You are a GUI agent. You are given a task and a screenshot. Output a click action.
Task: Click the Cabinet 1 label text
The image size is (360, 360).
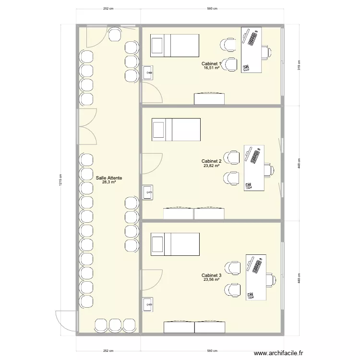(212, 63)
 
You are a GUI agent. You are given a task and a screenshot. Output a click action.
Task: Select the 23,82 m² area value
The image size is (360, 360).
(211, 166)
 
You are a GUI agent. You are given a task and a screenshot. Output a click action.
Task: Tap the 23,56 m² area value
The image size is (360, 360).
(211, 280)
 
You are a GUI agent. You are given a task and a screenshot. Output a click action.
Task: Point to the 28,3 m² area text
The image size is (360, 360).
(108, 182)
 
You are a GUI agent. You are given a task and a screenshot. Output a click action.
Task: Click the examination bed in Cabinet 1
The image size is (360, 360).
(175, 46)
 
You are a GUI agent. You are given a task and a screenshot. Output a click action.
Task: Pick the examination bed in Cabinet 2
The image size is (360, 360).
(176, 130)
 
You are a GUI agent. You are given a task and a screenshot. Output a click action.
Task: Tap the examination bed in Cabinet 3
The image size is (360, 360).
(175, 244)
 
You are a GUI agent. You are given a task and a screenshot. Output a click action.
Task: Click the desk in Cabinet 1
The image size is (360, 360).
(251, 50)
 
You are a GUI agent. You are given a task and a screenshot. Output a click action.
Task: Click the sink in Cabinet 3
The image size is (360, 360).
(148, 303)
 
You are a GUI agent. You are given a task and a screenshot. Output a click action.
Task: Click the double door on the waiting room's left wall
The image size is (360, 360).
(86, 126)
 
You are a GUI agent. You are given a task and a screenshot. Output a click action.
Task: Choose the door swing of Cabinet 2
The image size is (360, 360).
(150, 164)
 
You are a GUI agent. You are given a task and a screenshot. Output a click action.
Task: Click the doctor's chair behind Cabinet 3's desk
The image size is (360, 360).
(271, 279)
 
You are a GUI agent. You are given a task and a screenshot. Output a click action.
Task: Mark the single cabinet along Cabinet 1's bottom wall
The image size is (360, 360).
(209, 98)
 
